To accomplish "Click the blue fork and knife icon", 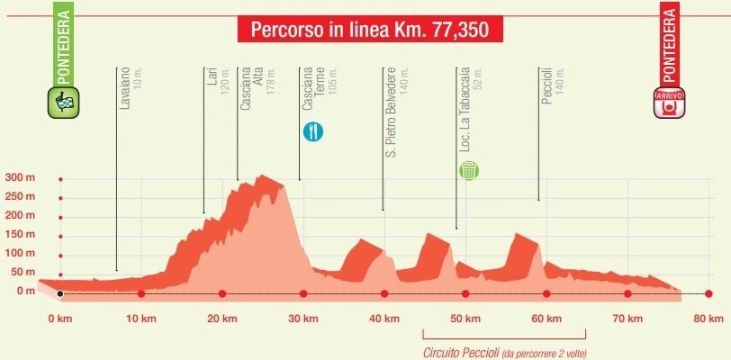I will (313, 131).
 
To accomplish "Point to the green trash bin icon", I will (468, 169).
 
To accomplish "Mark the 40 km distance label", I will (384, 319).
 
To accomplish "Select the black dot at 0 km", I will (60, 294).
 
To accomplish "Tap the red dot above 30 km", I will (303, 294).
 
